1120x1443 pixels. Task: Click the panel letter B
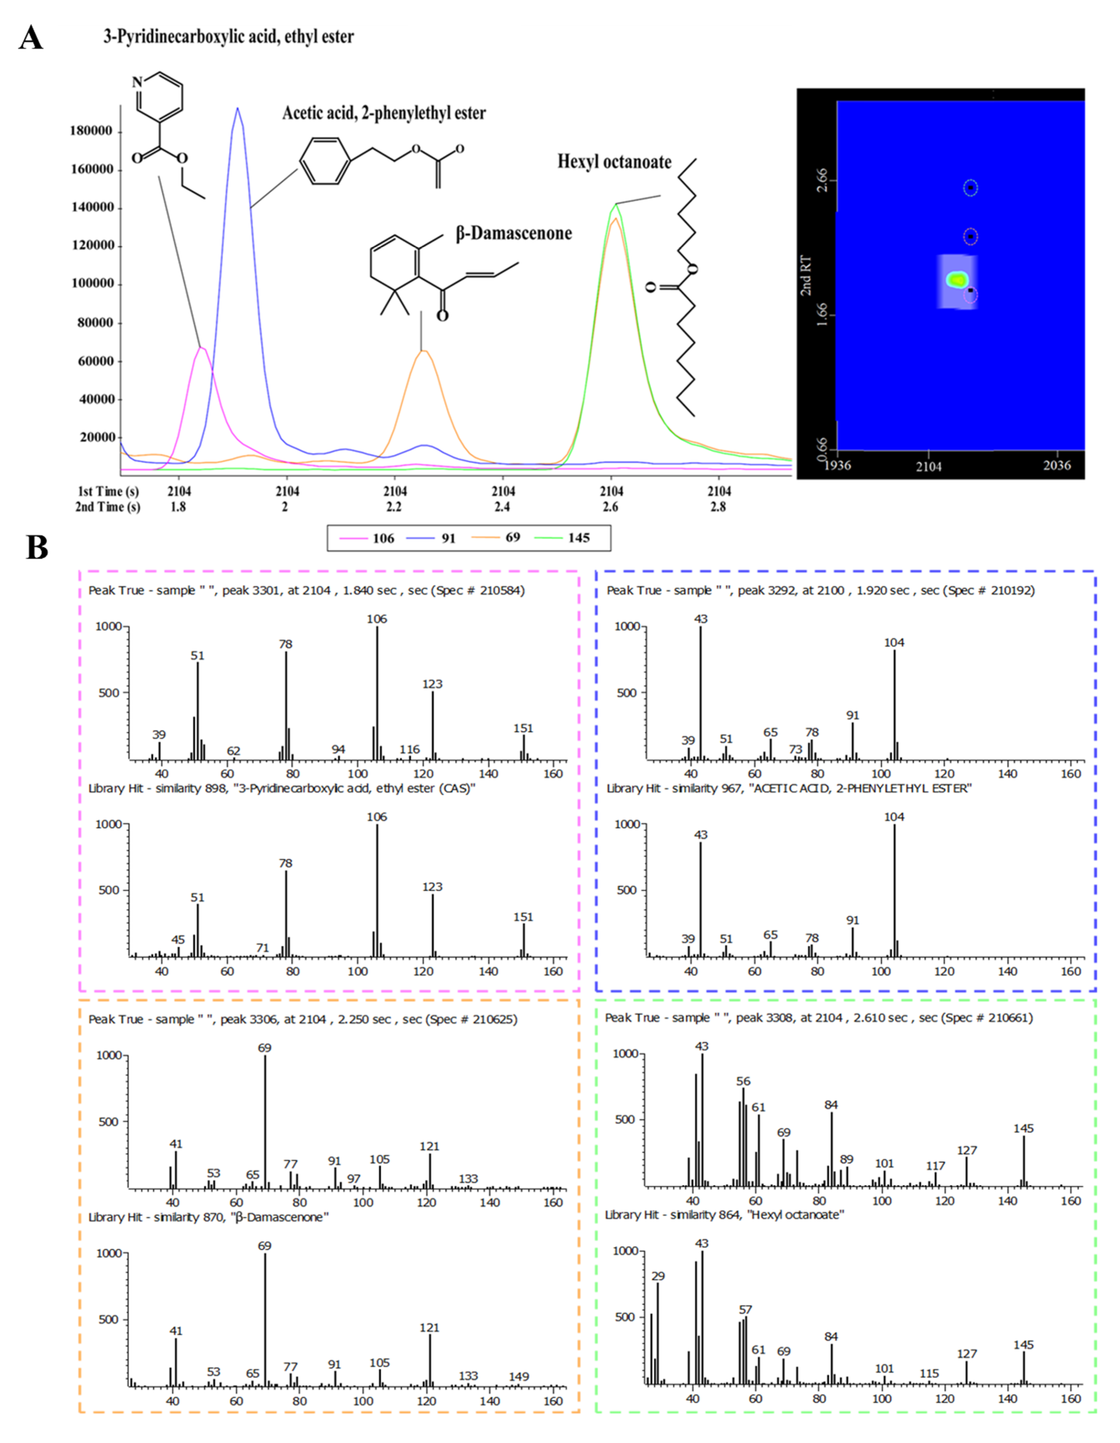click(37, 548)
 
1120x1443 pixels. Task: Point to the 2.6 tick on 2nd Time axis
click(610, 507)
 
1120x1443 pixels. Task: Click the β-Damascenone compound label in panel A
click(513, 233)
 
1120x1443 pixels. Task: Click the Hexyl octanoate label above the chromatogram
click(614, 162)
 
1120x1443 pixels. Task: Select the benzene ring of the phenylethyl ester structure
click(324, 161)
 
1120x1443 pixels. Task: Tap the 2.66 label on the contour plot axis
click(821, 180)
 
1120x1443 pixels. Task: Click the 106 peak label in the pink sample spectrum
click(377, 619)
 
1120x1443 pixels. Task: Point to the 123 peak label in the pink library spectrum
click(432, 887)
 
